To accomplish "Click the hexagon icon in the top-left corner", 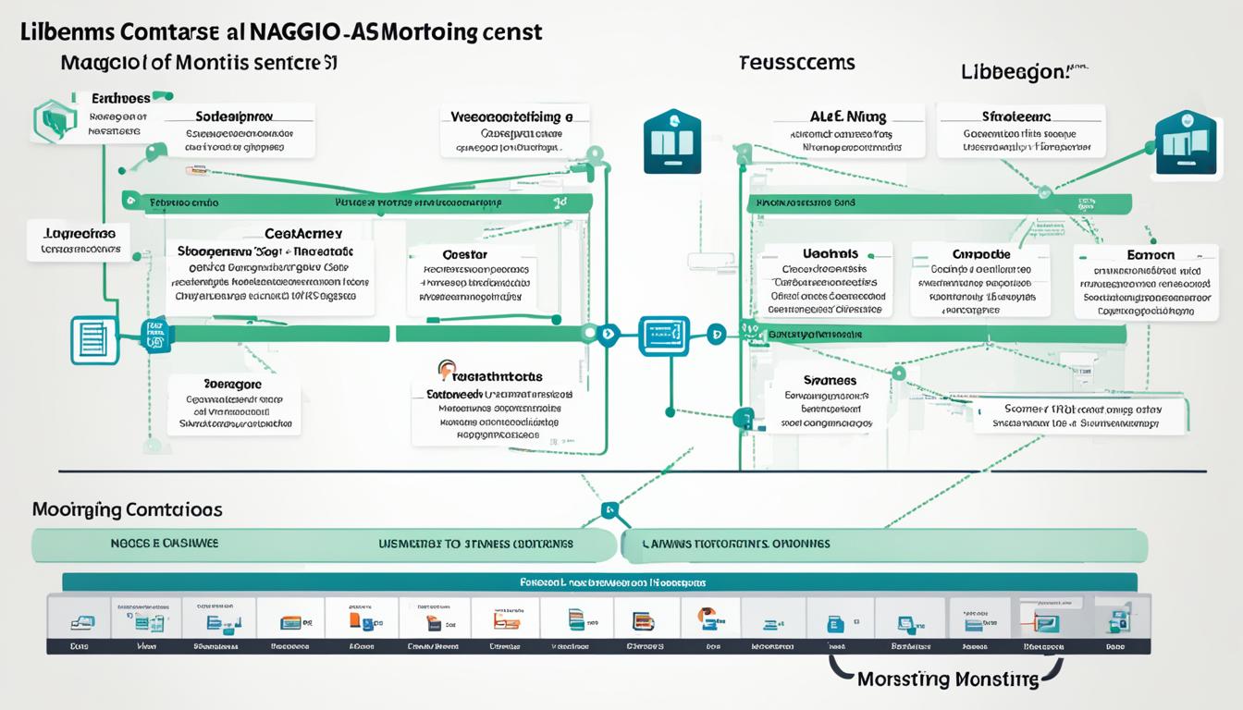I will click(53, 120).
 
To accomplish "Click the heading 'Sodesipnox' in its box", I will click(234, 117).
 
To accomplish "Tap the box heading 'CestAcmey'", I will click(302, 234).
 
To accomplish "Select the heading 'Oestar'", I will click(464, 254).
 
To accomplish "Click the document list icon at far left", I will click(94, 339).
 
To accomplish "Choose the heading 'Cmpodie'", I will click(980, 253).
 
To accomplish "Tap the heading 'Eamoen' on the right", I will click(1151, 254).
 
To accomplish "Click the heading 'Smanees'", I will click(830, 380).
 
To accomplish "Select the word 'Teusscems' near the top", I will click(796, 63).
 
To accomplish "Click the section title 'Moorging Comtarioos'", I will click(127, 509).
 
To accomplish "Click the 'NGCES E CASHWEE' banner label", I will click(158, 544).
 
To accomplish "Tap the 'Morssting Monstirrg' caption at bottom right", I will click(948, 679).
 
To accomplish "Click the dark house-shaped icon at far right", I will click(1185, 141).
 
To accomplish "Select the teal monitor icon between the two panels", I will click(664, 335).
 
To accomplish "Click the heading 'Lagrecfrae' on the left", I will click(80, 234).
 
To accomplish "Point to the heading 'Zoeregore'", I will click(231, 384).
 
